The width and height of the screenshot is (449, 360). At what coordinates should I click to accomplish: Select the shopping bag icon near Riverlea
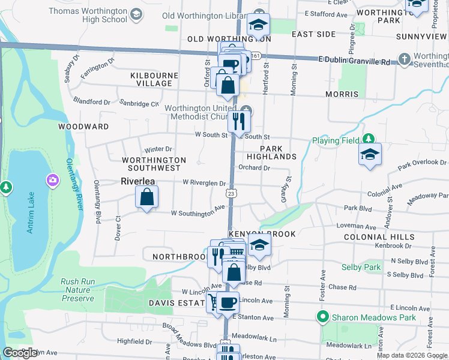click(x=147, y=197)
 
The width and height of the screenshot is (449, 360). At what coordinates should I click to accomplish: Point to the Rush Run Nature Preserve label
click(x=77, y=290)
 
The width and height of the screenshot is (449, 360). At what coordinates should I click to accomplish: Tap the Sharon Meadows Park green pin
click(x=323, y=317)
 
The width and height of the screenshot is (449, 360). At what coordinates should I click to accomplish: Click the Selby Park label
click(x=361, y=266)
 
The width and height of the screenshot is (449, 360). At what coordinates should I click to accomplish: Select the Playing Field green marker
click(x=369, y=140)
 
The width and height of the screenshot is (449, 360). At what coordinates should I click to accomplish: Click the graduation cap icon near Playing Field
click(x=370, y=154)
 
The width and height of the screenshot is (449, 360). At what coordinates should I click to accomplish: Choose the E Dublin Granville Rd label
click(x=354, y=61)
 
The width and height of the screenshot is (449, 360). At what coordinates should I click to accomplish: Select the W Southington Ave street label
click(x=197, y=213)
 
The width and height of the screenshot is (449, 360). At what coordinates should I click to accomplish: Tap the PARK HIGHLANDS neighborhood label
click(x=278, y=152)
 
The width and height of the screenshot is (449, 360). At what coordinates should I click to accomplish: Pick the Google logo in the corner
click(x=20, y=353)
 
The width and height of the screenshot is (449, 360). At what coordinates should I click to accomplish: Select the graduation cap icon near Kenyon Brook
click(x=259, y=245)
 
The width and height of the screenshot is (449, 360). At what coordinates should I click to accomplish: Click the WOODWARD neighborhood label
click(x=83, y=127)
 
